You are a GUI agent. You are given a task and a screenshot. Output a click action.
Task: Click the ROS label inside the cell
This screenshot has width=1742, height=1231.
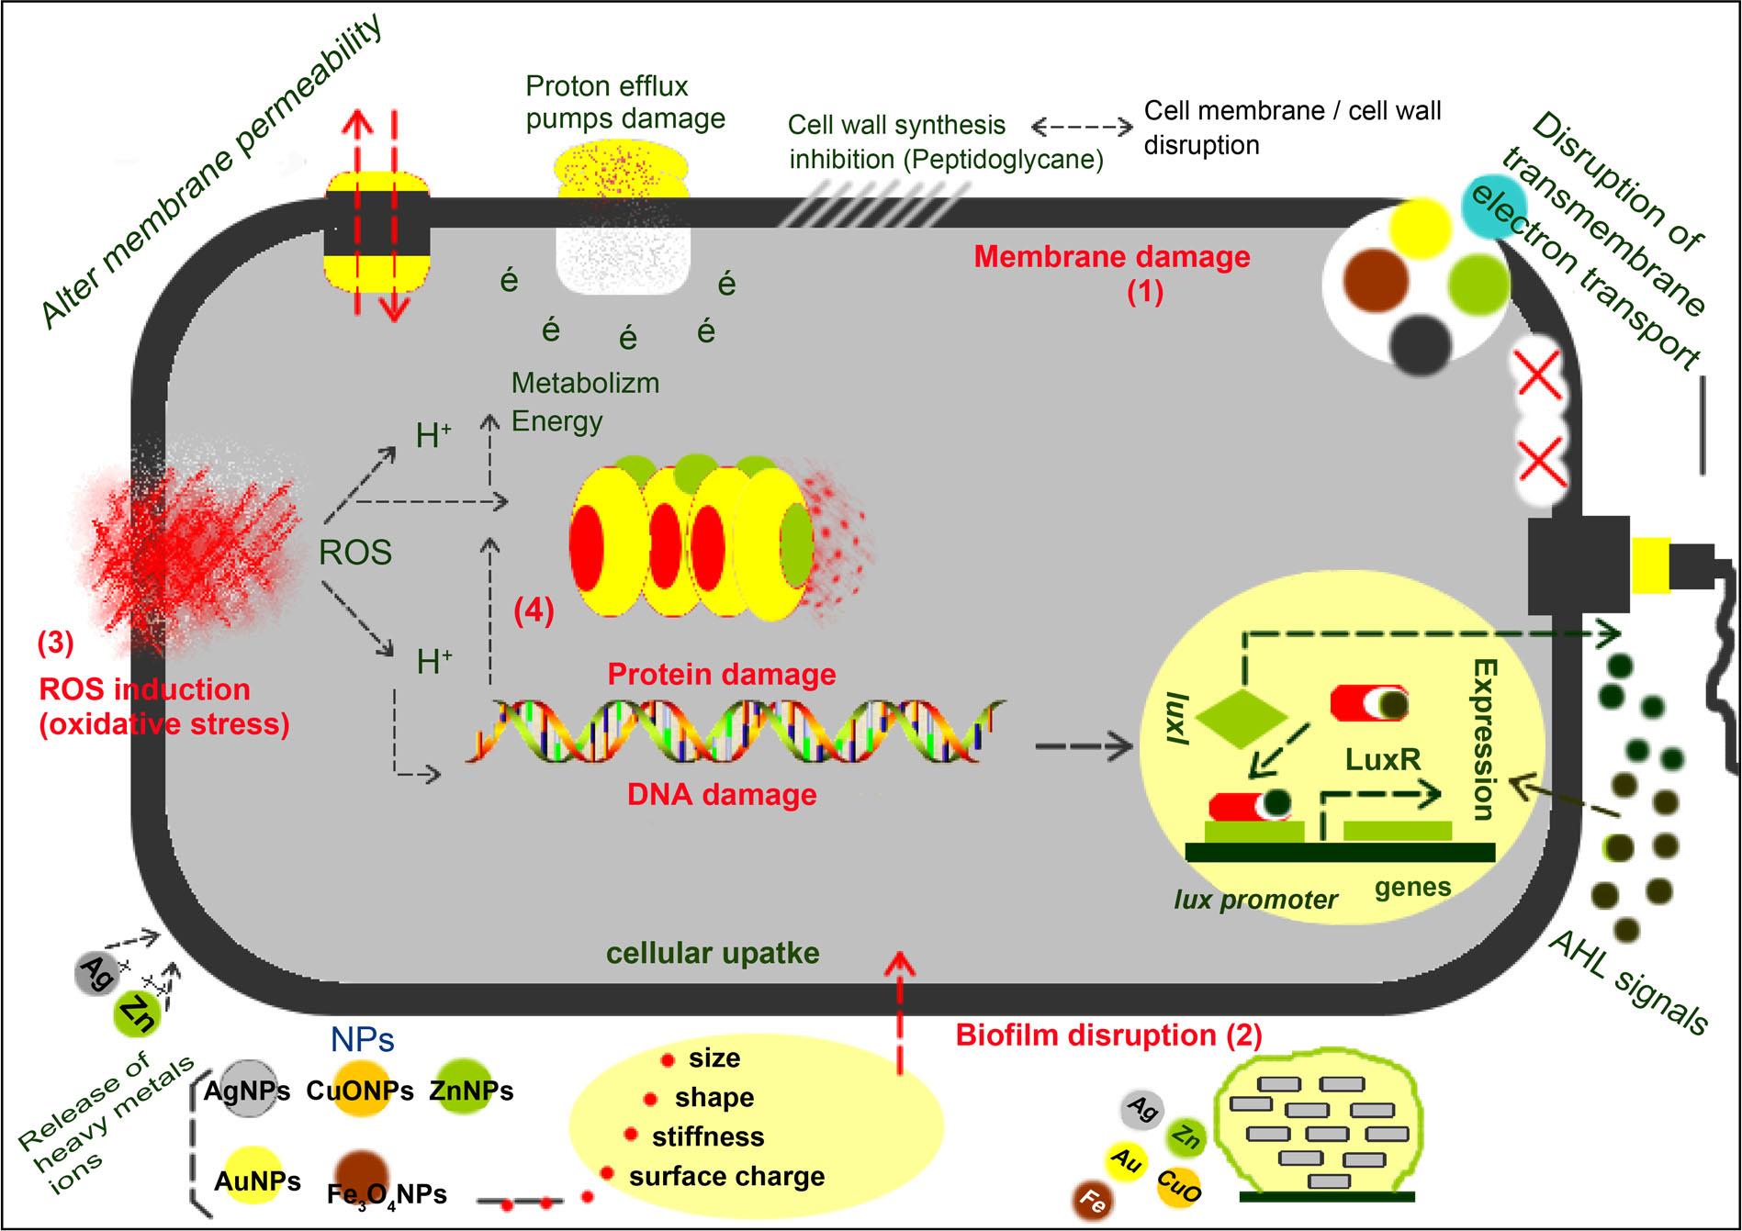[x=355, y=553]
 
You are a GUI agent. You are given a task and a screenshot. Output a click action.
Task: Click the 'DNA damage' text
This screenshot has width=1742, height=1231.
[x=722, y=794]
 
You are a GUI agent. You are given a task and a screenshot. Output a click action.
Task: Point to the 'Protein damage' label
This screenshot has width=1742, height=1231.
[x=722, y=675]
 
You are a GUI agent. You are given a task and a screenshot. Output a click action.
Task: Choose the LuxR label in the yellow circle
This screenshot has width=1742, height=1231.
[x=1383, y=759]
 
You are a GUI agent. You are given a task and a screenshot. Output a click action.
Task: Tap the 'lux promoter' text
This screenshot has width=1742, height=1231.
[x=1255, y=900]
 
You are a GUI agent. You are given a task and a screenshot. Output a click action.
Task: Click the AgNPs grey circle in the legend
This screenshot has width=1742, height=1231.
[x=247, y=1090]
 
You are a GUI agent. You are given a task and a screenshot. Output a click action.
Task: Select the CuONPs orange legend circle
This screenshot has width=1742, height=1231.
[x=360, y=1090]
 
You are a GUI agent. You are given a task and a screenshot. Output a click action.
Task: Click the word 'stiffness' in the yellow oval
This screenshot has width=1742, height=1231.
[x=708, y=1137]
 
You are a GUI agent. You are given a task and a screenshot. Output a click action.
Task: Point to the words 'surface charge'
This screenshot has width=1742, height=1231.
[x=726, y=1177]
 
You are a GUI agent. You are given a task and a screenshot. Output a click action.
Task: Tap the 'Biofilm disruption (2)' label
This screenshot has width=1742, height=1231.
[x=1108, y=1035]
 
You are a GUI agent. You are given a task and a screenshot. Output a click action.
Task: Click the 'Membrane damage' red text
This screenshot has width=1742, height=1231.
[x=1112, y=257]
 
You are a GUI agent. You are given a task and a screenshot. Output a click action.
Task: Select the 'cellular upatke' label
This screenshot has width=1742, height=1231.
[x=713, y=954]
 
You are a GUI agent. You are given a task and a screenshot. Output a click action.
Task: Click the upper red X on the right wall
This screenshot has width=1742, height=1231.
[x=1540, y=377]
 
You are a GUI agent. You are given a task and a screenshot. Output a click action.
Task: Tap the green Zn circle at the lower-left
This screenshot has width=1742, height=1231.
[x=139, y=1014]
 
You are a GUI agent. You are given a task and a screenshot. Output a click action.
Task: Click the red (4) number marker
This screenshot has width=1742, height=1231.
[x=534, y=610]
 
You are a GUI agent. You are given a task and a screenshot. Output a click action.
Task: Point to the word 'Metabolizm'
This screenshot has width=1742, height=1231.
[x=585, y=383]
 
